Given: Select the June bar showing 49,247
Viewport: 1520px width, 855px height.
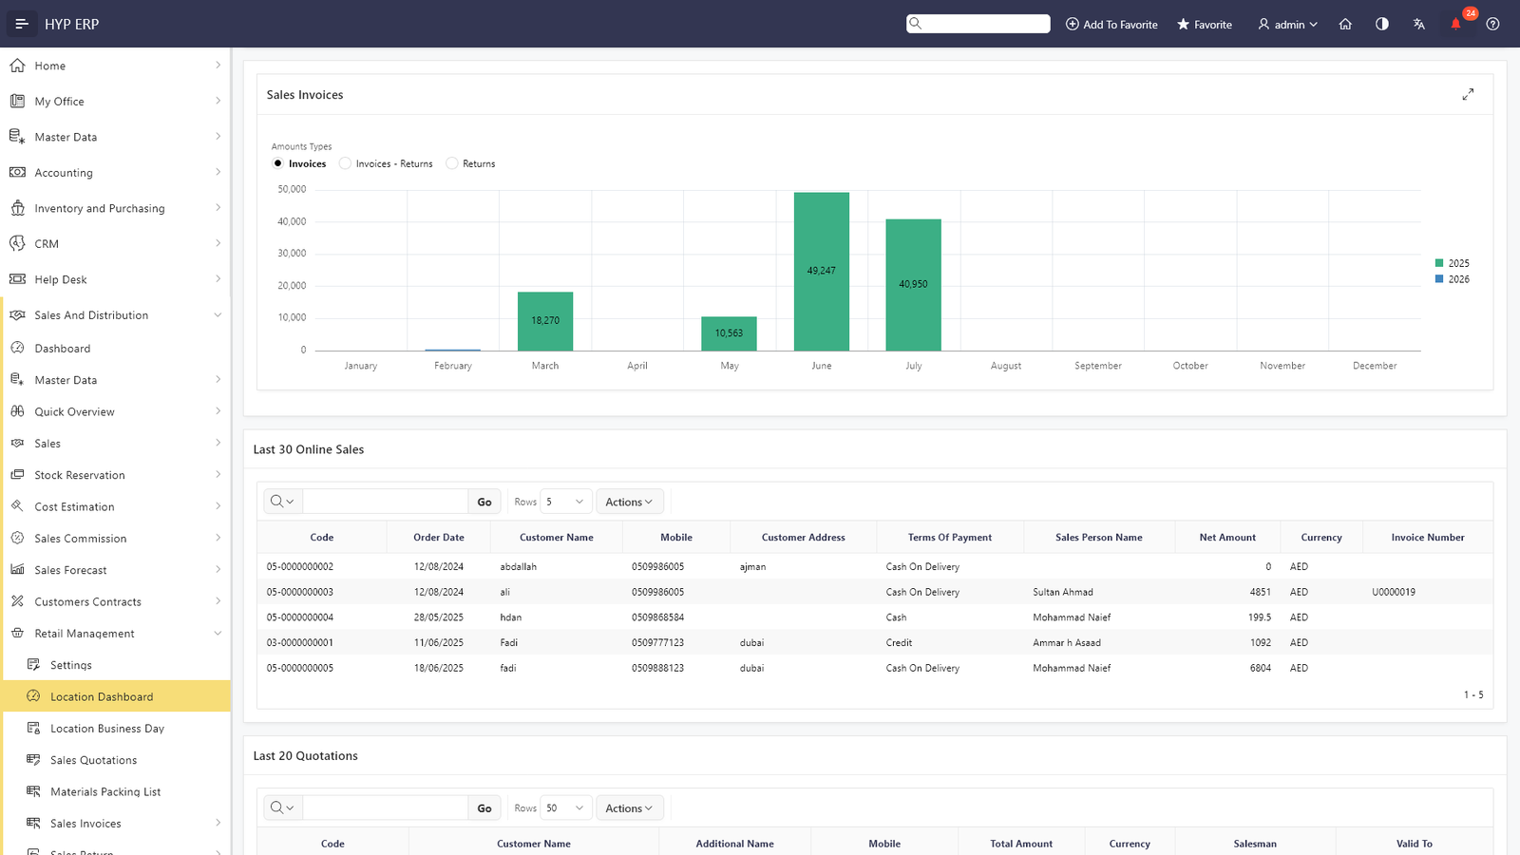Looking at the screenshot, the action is click(x=821, y=272).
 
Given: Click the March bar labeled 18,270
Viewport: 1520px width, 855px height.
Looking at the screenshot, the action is click(x=545, y=321).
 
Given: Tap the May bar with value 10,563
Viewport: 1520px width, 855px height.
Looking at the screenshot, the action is click(x=729, y=333).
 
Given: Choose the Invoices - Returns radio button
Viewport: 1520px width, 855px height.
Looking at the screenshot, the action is click(x=346, y=163).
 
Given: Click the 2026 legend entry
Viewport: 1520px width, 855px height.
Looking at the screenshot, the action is click(x=1453, y=279).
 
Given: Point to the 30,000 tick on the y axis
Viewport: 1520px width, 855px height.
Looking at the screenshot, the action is click(x=292, y=253).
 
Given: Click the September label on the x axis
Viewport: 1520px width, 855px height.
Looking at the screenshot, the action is click(x=1098, y=366).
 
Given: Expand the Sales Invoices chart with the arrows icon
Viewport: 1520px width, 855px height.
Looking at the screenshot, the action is click(x=1468, y=94).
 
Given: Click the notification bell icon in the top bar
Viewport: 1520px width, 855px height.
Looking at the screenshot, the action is click(x=1455, y=25).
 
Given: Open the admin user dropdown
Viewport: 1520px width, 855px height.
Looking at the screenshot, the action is click(x=1287, y=25).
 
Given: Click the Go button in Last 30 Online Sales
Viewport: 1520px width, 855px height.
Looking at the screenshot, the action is click(x=484, y=503).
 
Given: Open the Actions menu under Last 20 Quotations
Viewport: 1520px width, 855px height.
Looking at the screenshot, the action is click(x=629, y=808).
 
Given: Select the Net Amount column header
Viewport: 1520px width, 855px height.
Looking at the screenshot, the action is click(x=1227, y=538).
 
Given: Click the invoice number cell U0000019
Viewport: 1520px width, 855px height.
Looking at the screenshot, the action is click(x=1394, y=593).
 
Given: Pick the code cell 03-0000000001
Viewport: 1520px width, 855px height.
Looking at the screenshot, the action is click(x=300, y=642).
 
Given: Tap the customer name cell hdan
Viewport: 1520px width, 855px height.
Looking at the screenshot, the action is click(x=511, y=617).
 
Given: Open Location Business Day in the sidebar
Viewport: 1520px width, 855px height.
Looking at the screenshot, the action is click(x=107, y=728).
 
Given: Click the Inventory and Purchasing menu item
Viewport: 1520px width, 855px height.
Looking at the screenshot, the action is click(x=100, y=208).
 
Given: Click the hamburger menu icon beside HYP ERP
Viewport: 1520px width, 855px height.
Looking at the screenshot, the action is click(x=22, y=25).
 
